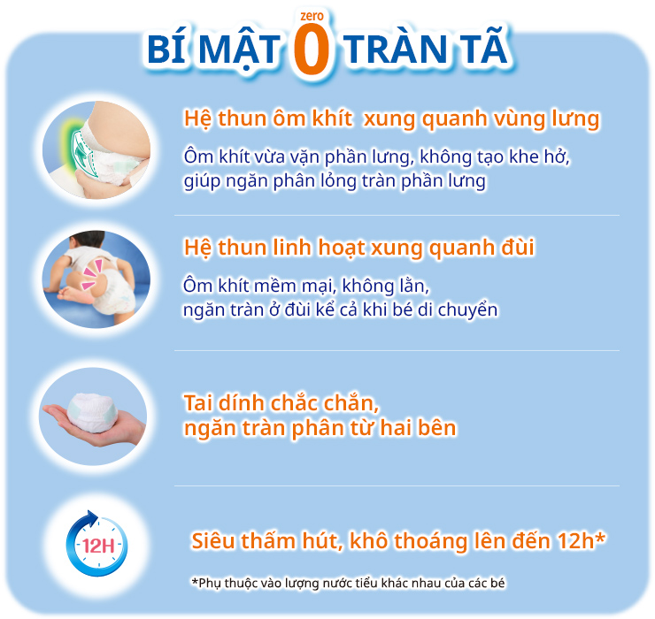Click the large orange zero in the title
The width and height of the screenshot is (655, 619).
pos(312,51)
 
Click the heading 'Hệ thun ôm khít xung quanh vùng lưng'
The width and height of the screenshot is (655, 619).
pos(391,119)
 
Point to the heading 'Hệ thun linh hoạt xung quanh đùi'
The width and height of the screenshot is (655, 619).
pos(358,248)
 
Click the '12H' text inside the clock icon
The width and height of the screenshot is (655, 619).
pos(97,544)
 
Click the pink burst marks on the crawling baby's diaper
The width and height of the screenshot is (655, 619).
pos(93,274)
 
